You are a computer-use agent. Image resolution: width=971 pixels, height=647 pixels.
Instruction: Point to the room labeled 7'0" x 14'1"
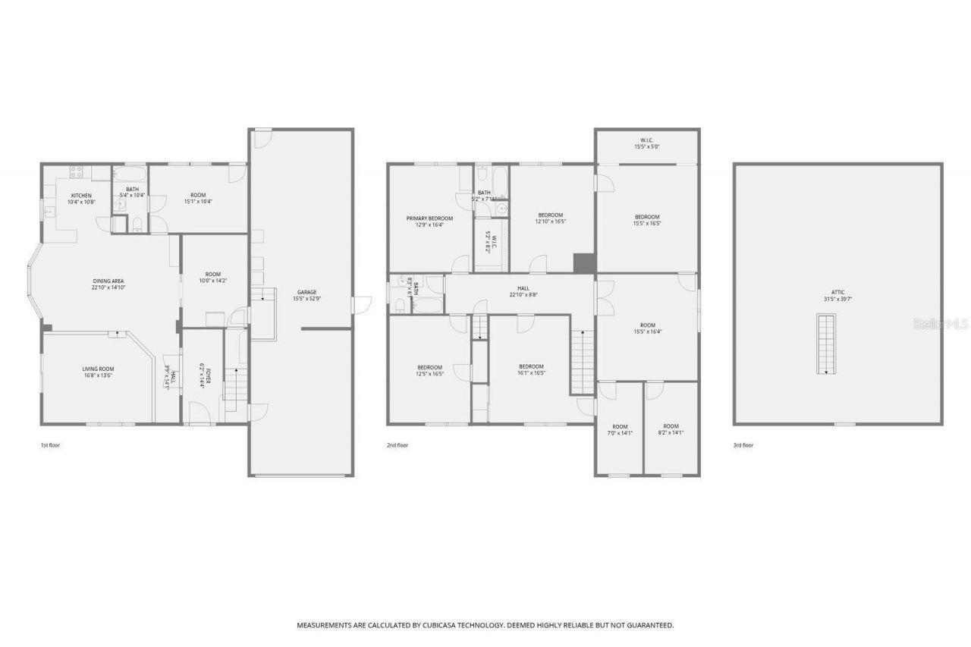(620, 429)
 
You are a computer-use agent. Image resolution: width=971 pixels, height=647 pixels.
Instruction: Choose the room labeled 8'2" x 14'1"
(671, 429)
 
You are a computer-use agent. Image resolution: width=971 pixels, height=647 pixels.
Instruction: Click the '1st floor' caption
(50, 445)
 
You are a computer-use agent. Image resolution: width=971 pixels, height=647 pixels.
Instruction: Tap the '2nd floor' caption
(398, 445)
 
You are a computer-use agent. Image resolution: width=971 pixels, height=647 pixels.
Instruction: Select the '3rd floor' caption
(743, 445)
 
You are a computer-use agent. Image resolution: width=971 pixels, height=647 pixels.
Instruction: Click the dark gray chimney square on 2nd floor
(583, 262)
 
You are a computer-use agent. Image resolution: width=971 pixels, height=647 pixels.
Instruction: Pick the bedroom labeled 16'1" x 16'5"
(531, 369)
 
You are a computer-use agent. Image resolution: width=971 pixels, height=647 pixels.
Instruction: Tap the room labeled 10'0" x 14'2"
(212, 278)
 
